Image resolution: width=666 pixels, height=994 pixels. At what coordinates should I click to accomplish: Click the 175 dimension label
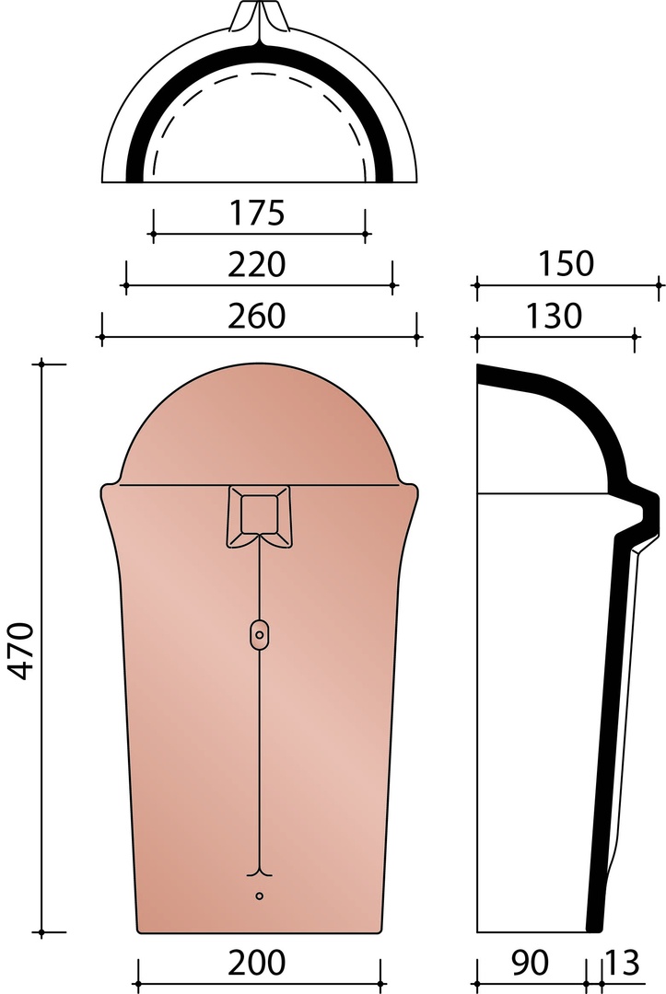(x=257, y=213)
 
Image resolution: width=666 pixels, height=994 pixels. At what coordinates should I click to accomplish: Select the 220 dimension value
(x=257, y=264)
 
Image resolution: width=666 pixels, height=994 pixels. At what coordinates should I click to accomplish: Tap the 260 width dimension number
(x=257, y=316)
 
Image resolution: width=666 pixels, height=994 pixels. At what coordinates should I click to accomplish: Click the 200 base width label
(x=257, y=963)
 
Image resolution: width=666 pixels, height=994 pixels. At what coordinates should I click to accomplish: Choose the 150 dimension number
(x=566, y=264)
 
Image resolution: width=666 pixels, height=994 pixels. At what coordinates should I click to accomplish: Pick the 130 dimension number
(x=553, y=316)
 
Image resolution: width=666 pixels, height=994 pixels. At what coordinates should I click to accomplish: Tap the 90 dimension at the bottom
(x=529, y=963)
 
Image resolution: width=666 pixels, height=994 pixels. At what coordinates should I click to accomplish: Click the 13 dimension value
(x=622, y=963)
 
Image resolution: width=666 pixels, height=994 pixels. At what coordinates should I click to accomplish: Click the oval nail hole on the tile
(x=260, y=633)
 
